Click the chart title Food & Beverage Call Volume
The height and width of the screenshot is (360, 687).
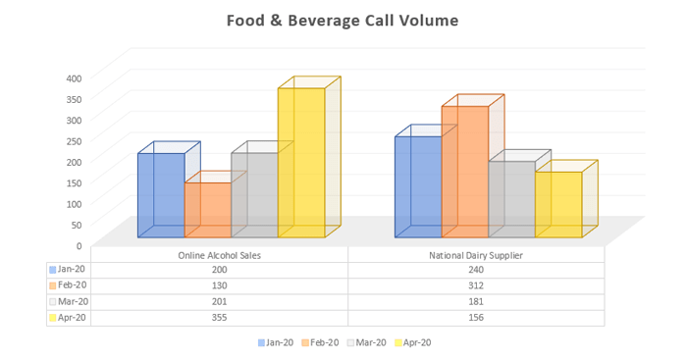343,20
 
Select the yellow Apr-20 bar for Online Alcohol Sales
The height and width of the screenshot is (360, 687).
301,163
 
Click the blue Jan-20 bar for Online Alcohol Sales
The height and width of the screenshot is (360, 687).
161,195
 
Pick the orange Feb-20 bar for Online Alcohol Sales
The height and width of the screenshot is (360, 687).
208,210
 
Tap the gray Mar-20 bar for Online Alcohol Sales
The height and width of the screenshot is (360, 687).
254,195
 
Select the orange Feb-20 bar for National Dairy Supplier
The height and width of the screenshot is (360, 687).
465,172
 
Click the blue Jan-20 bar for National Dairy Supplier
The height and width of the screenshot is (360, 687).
418,186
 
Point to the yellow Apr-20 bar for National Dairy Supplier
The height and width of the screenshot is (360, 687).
558,204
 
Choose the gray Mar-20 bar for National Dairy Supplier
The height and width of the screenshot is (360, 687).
511,199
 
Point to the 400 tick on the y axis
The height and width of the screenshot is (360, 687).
75,78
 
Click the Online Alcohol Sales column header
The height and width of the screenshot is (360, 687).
219,255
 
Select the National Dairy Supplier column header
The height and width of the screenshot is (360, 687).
476,255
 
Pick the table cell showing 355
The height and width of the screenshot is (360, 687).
219,318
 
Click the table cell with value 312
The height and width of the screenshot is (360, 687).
476,285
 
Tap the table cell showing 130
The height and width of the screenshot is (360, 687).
219,285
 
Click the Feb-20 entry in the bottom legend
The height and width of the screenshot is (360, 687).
323,342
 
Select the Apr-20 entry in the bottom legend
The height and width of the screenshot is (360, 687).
412,342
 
